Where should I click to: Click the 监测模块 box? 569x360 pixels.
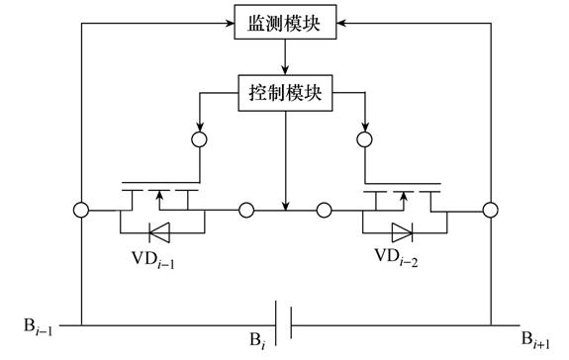285,21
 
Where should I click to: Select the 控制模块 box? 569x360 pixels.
285,96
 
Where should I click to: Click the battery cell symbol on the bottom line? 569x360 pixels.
285,324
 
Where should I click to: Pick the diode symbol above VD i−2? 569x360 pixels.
403,233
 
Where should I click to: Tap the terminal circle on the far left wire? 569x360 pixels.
80,210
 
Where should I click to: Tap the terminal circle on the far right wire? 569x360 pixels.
490,210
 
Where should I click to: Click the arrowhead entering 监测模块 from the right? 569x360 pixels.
341,21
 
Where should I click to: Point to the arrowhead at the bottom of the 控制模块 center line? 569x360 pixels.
285,205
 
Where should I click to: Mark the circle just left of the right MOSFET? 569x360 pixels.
324,210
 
